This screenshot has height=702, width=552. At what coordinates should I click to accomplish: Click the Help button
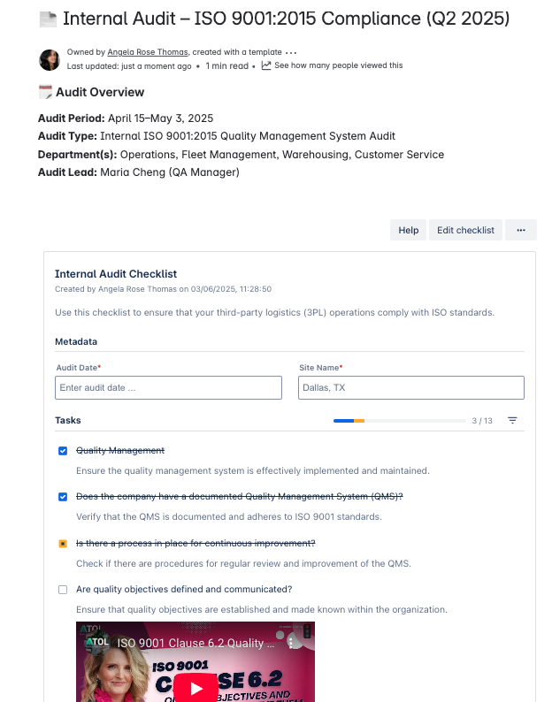(x=408, y=230)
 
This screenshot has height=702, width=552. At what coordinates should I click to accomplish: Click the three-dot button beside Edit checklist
(x=521, y=230)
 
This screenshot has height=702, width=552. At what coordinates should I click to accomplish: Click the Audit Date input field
(x=168, y=387)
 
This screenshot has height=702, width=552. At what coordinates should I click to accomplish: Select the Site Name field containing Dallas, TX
(x=411, y=387)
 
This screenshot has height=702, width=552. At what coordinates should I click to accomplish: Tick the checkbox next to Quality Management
(x=63, y=451)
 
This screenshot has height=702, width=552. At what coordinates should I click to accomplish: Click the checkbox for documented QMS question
(x=63, y=497)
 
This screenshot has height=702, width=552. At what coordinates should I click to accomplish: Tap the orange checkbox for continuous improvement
(x=63, y=544)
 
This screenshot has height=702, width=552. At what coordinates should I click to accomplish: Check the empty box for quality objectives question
(x=63, y=590)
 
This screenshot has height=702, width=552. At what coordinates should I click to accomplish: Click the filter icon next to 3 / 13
(x=512, y=421)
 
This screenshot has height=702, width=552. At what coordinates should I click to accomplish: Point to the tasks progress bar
(x=349, y=421)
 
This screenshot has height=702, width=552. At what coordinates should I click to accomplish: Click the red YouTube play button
(x=195, y=688)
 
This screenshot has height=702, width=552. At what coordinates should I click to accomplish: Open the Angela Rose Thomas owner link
(x=147, y=52)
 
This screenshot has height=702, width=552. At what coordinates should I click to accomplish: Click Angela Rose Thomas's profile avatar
(x=50, y=59)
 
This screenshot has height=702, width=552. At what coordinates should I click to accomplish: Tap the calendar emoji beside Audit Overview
(x=45, y=92)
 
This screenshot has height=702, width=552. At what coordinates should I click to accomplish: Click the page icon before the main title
(x=48, y=19)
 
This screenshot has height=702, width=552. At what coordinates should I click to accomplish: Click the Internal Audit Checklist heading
(x=116, y=274)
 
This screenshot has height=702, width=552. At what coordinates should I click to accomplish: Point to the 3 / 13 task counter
(x=482, y=421)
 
